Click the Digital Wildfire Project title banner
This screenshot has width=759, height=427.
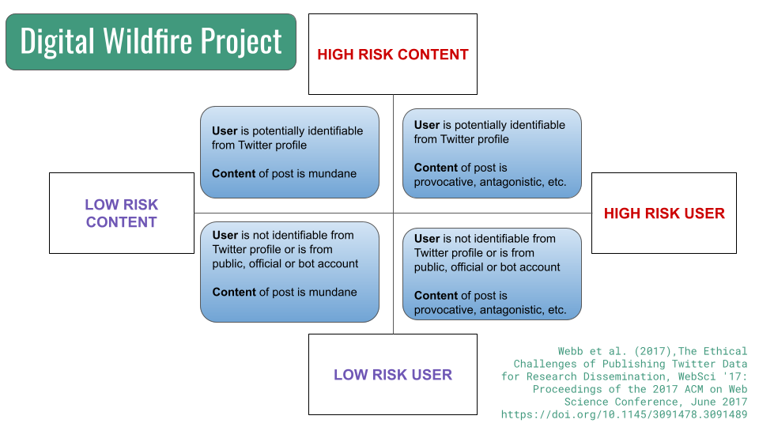[x=151, y=42]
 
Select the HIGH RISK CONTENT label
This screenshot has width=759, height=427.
[x=393, y=55]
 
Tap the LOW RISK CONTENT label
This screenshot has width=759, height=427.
[x=122, y=213]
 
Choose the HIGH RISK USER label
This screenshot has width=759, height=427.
[x=664, y=213]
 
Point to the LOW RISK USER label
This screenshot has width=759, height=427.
[x=393, y=374]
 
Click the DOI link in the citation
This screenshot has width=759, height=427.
[x=624, y=414]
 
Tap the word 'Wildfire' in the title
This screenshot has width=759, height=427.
[x=148, y=41]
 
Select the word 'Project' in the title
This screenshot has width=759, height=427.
[x=241, y=43]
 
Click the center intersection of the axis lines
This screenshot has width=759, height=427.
[x=393, y=213]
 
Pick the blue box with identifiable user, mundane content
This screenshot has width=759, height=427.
[x=289, y=152]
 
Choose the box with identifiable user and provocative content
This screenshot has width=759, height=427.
[x=492, y=153]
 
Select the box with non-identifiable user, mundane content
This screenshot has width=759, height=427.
[x=289, y=271]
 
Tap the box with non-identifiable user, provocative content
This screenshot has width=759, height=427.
[x=492, y=274]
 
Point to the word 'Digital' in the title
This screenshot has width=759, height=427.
[x=57, y=43]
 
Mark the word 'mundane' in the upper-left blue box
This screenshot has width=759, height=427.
[x=332, y=173]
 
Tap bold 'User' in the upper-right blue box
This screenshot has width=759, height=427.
[x=426, y=125]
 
